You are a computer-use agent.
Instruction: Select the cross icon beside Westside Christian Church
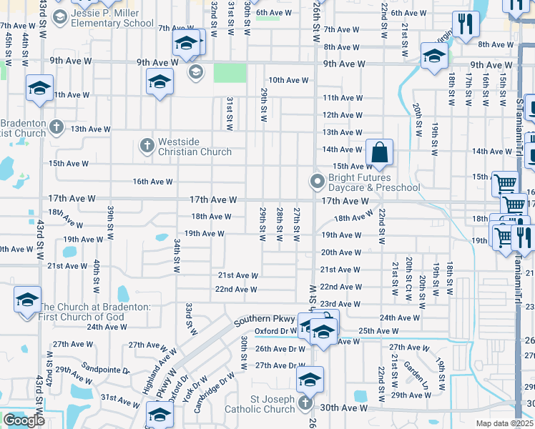click(x=147, y=146)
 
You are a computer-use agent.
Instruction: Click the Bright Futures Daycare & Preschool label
click(x=373, y=182)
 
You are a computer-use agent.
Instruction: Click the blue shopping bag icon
click(x=380, y=152)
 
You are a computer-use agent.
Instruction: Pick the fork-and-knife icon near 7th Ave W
click(x=465, y=25)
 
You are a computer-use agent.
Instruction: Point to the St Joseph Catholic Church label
click(x=259, y=404)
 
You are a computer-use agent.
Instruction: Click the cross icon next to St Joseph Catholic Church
click(x=305, y=403)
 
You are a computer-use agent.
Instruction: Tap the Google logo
click(x=24, y=420)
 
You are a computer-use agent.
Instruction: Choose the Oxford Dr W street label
click(x=276, y=331)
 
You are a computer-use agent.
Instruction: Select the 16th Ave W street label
click(x=152, y=182)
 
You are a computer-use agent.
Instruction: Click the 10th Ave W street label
click(x=288, y=80)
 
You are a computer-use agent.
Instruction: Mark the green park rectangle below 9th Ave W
click(x=229, y=74)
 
